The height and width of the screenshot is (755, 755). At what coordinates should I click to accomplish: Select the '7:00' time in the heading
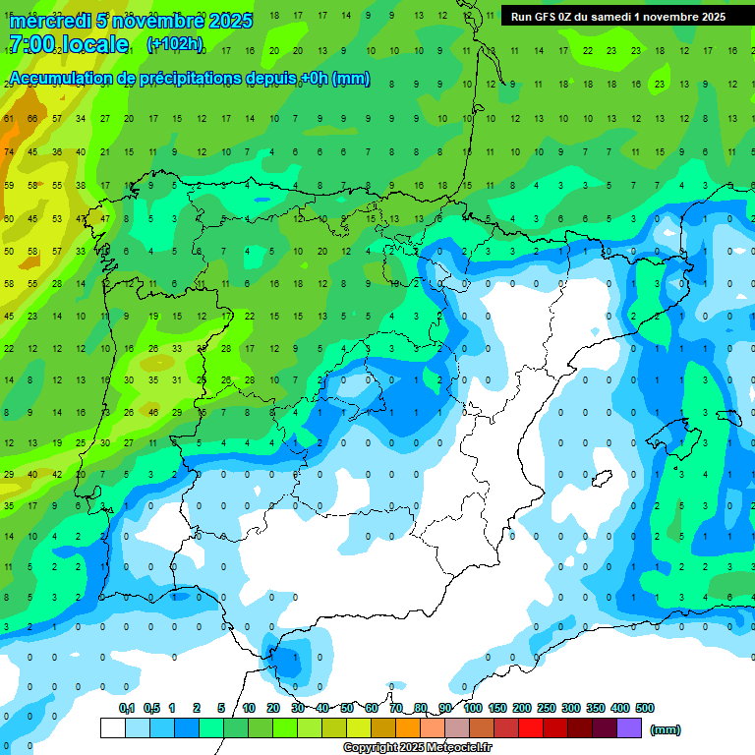[x=30, y=44]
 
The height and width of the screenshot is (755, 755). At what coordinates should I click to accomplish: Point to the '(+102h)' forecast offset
[x=174, y=44]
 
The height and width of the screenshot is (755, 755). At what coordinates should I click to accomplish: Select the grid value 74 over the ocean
[x=9, y=152]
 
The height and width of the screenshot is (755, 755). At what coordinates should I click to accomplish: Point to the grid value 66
[x=32, y=120]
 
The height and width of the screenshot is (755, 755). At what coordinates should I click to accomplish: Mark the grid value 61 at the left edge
[x=9, y=120]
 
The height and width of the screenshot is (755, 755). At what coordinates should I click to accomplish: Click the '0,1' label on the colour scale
[x=126, y=708]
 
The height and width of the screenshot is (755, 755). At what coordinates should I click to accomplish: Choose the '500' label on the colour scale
[x=645, y=708]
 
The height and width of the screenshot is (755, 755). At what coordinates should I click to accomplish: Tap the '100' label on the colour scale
[x=472, y=708]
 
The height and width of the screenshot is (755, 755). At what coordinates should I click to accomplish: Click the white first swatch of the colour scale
[x=113, y=727]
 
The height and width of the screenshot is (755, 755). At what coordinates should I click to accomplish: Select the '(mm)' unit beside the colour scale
[x=666, y=729]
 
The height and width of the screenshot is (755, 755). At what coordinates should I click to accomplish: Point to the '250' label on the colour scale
[x=546, y=708]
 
